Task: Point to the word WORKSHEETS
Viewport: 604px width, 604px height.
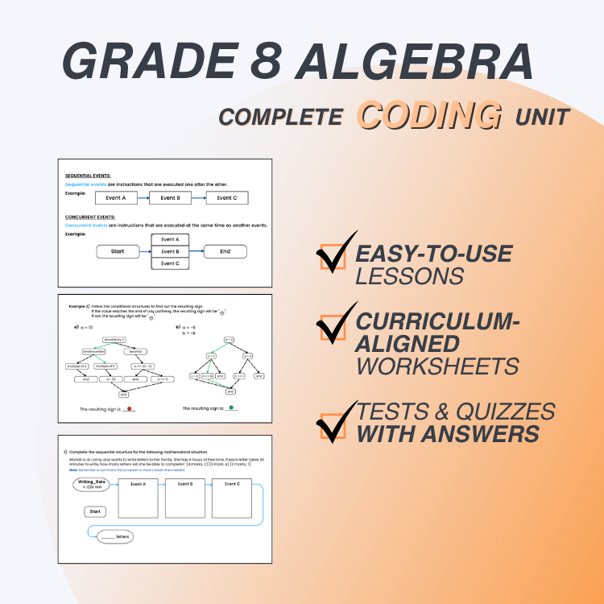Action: (437, 366)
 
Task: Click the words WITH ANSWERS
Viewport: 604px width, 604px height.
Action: (448, 434)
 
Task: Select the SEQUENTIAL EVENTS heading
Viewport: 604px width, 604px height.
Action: (89, 175)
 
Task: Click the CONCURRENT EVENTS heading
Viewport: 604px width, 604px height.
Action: (90, 217)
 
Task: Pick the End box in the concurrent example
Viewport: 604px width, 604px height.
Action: (225, 251)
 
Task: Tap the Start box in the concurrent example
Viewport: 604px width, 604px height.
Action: (118, 251)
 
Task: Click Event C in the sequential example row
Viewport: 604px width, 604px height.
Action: (226, 197)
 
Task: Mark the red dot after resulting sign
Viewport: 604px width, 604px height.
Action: (129, 409)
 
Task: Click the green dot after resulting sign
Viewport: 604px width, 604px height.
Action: (232, 408)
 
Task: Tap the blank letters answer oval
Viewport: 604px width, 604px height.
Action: (112, 536)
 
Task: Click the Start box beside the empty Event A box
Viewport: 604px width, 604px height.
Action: (95, 511)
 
